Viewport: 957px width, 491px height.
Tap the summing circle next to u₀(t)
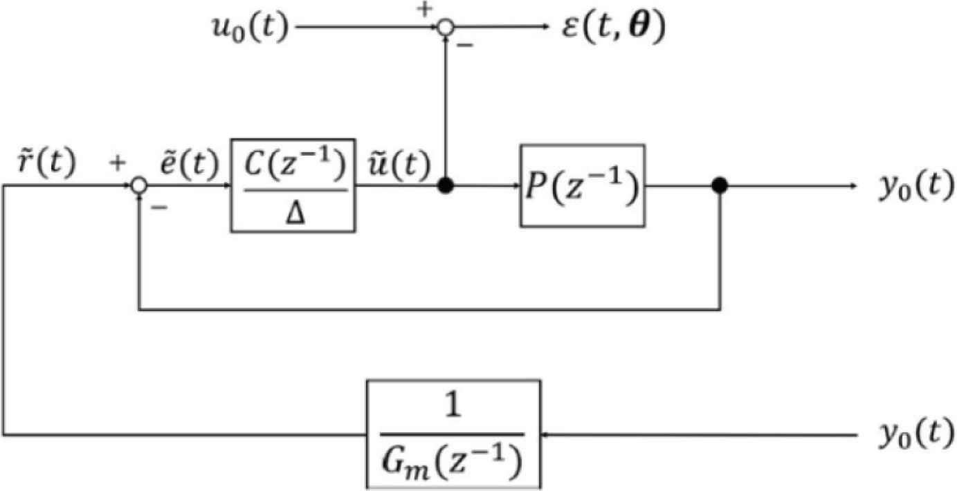(x=447, y=28)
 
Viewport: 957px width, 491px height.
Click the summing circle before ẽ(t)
(x=140, y=185)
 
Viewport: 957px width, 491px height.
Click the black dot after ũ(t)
(x=447, y=185)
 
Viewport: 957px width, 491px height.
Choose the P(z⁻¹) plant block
(x=582, y=185)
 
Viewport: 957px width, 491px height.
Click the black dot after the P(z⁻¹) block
(x=720, y=185)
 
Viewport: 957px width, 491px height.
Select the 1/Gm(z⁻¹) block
(x=452, y=434)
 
